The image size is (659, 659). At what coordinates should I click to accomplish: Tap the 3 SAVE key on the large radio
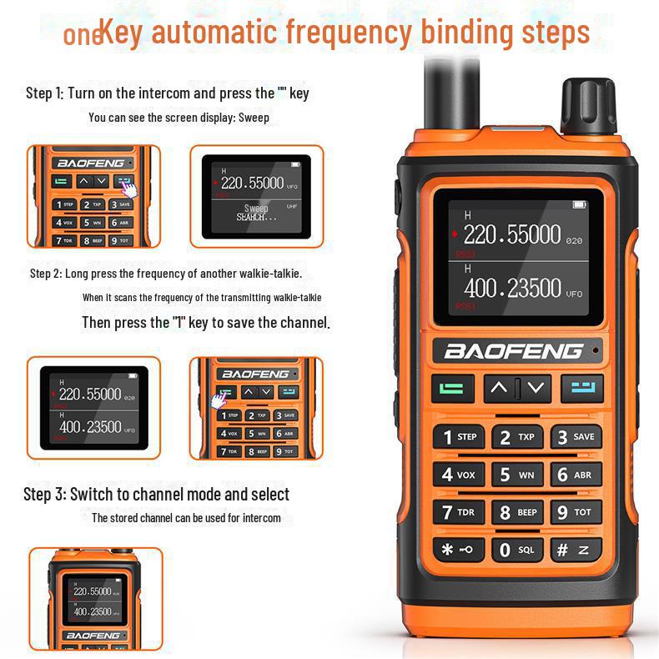click(x=576, y=436)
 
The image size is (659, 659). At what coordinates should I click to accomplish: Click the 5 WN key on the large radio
click(x=517, y=475)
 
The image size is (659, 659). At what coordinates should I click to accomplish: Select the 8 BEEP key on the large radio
click(x=517, y=512)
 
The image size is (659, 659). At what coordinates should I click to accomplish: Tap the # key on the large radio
click(x=576, y=550)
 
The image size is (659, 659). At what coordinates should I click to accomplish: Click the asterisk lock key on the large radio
click(x=458, y=550)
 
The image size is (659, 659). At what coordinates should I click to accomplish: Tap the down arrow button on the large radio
click(x=536, y=387)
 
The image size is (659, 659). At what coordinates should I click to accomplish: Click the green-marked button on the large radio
click(x=452, y=388)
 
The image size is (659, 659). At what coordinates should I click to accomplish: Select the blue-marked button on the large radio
click(x=582, y=387)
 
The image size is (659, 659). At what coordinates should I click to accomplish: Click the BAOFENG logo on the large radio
click(x=512, y=351)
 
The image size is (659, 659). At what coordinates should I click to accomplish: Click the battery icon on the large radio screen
click(x=579, y=204)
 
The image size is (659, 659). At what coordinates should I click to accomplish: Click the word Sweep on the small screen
click(x=256, y=208)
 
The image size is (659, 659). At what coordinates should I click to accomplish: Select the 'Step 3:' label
click(x=44, y=495)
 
